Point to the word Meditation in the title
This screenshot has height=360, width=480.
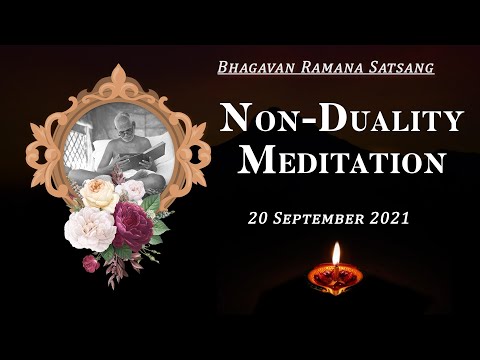[343, 160]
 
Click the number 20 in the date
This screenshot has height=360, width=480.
[259, 217]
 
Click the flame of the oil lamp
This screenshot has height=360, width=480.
[336, 253]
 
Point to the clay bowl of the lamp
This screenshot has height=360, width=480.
[336, 277]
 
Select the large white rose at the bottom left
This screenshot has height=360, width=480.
[89, 228]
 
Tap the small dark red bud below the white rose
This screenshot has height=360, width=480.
[90, 263]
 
